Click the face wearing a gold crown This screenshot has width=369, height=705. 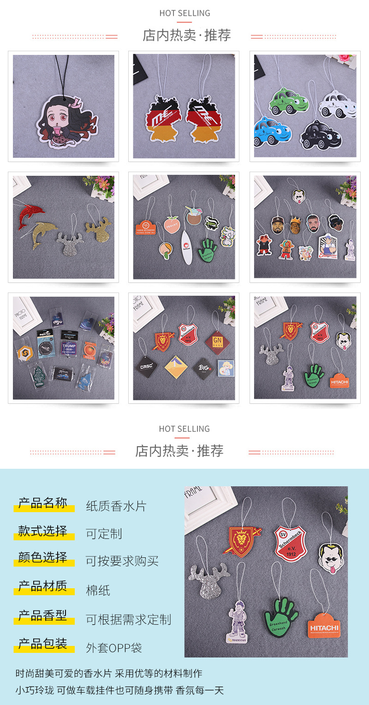tap(296, 224)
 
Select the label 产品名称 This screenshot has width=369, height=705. tap(43, 503)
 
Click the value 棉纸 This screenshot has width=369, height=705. tap(98, 590)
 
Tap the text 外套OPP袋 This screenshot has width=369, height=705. tap(114, 648)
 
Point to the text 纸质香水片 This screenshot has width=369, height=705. tap(116, 506)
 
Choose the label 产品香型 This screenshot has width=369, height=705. tap(43, 615)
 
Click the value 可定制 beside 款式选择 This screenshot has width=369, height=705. tap(104, 533)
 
